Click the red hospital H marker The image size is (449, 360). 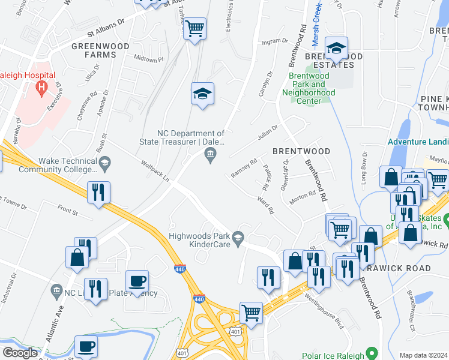click(41, 89)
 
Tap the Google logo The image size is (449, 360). click(20, 353)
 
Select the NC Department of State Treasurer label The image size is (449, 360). click(190, 138)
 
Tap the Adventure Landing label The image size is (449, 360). click(418, 142)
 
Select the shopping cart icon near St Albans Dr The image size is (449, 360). click(194, 28)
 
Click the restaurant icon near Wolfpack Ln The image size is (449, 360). click(97, 192)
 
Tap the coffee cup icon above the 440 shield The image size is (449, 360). click(137, 281)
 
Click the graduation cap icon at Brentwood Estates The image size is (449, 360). click(336, 47)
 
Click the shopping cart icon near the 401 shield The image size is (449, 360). click(251, 312)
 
